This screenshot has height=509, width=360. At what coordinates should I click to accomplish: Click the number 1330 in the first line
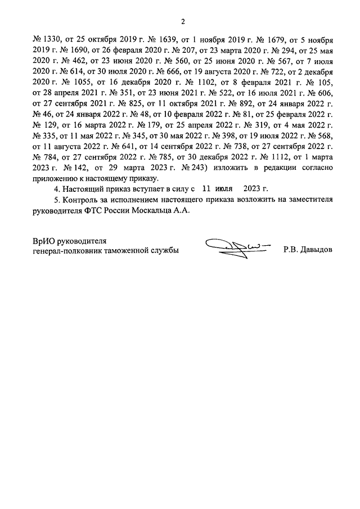53,41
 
